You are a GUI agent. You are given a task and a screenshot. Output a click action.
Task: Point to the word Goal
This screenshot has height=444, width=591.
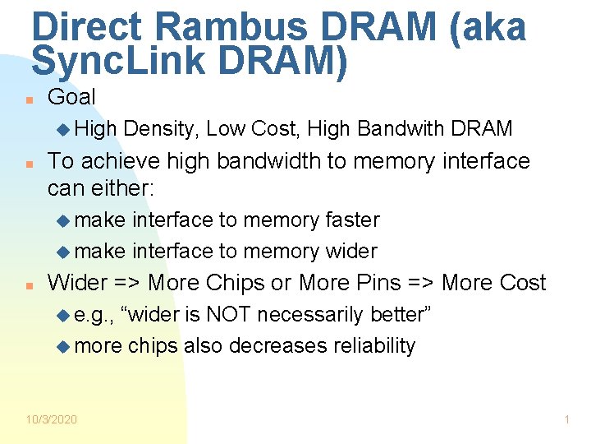tap(71, 97)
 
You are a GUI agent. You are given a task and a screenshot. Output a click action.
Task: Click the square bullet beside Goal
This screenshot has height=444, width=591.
tap(28, 99)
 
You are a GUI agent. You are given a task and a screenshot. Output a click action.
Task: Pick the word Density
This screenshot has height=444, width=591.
tap(161, 128)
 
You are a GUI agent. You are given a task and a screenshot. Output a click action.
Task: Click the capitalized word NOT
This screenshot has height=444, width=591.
tap(231, 314)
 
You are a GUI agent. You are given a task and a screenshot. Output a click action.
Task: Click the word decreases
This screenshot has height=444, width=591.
tap(277, 345)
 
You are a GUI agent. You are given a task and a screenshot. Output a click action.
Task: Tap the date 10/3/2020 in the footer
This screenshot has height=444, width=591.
tap(51, 419)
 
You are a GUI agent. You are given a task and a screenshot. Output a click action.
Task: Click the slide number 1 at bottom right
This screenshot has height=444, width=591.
tap(566, 419)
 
